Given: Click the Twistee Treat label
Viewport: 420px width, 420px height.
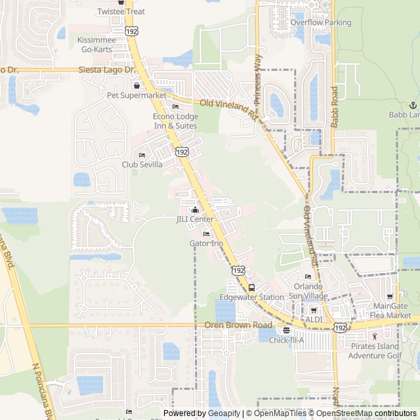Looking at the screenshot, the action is (121, 12).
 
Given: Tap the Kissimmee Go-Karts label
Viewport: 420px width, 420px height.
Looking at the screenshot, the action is (96, 44).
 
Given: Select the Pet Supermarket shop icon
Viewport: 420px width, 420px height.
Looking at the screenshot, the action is (136, 86).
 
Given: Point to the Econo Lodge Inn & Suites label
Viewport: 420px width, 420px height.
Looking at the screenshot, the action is (175, 121).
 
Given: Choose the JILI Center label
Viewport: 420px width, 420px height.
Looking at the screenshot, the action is (195, 219).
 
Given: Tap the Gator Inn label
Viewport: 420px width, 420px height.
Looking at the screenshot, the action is (206, 243).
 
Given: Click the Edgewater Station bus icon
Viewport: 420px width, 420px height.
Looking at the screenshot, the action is (251, 287).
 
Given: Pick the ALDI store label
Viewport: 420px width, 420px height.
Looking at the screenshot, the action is (314, 319).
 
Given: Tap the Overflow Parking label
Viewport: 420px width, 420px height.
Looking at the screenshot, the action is (321, 22).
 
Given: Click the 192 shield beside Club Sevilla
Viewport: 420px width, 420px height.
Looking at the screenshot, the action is (180, 152).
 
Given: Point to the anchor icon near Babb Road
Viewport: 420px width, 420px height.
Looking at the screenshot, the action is (413, 105).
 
